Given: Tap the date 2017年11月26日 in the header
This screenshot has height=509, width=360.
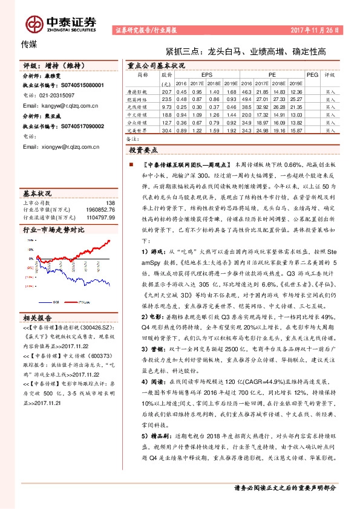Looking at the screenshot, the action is [316, 29].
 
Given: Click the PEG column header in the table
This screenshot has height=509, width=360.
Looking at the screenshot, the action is [312, 75].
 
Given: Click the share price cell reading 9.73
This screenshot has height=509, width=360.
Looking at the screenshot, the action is [167, 106].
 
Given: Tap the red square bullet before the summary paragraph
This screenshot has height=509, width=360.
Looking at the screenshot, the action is [130, 164].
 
